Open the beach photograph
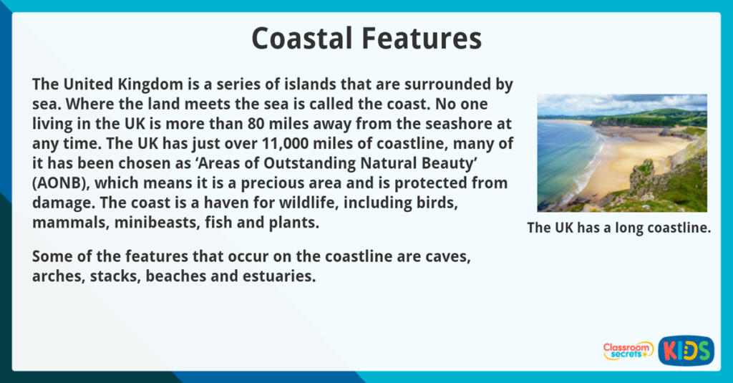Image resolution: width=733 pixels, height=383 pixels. pyautogui.click(x=622, y=152)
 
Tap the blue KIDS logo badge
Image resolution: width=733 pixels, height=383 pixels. pyautogui.click(x=686, y=350)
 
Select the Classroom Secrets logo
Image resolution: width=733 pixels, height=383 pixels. pyautogui.click(x=628, y=350)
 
